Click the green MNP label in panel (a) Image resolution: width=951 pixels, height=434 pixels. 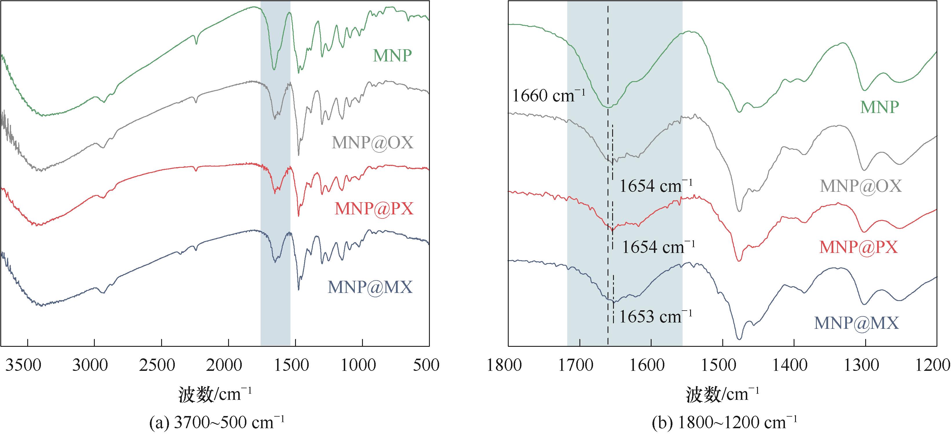(x=392, y=56)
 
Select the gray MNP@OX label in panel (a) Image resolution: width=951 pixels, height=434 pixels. (x=372, y=143)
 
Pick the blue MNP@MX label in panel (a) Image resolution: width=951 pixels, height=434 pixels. (x=370, y=287)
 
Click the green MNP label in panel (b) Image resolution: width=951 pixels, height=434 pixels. (x=880, y=107)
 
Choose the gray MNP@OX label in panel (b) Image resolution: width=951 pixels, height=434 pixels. (x=861, y=186)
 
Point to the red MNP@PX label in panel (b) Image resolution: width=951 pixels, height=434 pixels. (x=858, y=247)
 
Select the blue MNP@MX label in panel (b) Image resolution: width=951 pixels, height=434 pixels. (x=856, y=323)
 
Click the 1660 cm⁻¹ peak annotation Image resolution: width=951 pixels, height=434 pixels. (x=549, y=96)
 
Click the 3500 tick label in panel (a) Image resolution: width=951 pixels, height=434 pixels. (x=28, y=365)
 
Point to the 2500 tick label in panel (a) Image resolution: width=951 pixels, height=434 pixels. (x=162, y=365)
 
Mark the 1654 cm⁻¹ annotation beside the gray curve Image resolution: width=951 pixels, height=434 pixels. (x=656, y=186)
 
